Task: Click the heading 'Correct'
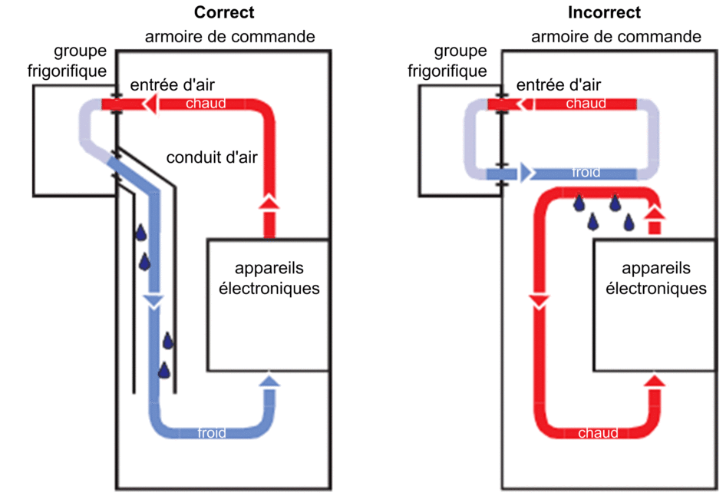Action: [x=224, y=12]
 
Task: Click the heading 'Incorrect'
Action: [x=604, y=12]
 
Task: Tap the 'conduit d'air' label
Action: [x=212, y=158]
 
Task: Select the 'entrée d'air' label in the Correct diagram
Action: [x=172, y=84]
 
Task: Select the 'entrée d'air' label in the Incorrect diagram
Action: [x=558, y=84]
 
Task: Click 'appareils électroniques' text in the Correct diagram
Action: [x=269, y=279]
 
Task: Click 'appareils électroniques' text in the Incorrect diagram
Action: [x=655, y=279]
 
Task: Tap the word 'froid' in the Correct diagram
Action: [x=211, y=433]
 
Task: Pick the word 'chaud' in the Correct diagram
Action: [x=206, y=103]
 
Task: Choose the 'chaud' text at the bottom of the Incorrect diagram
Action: [x=598, y=433]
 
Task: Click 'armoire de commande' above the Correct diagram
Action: [x=230, y=37]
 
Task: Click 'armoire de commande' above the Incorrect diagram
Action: [x=616, y=37]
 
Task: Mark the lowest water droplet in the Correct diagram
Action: [x=163, y=370]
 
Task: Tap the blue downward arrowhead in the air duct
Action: [x=153, y=302]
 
